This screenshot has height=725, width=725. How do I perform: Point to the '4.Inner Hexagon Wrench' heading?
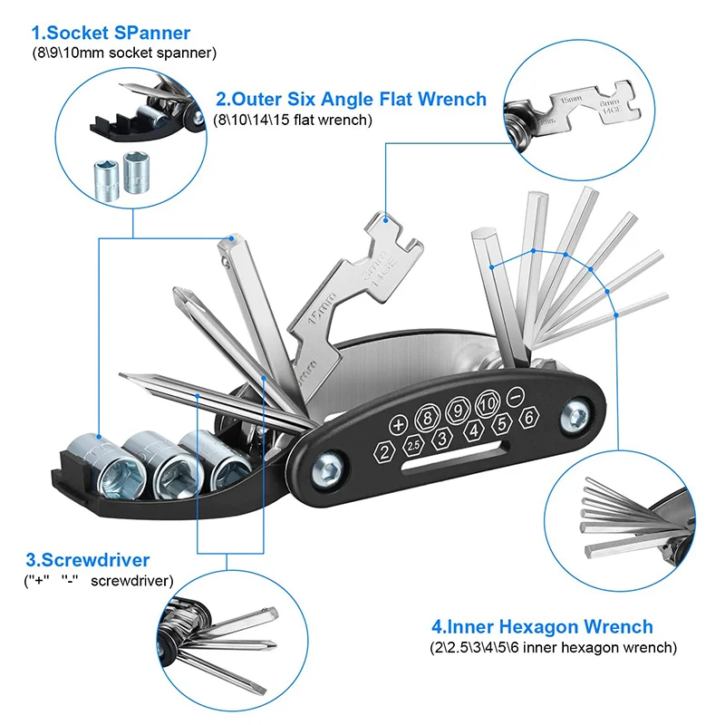(542, 626)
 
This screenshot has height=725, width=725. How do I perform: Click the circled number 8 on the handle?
(425, 419)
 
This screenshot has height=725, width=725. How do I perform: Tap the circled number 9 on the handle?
(456, 411)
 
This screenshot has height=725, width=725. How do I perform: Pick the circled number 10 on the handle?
(487, 402)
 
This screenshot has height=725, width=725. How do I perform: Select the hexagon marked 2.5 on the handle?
(412, 446)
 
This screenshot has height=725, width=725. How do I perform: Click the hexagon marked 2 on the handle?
(384, 452)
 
